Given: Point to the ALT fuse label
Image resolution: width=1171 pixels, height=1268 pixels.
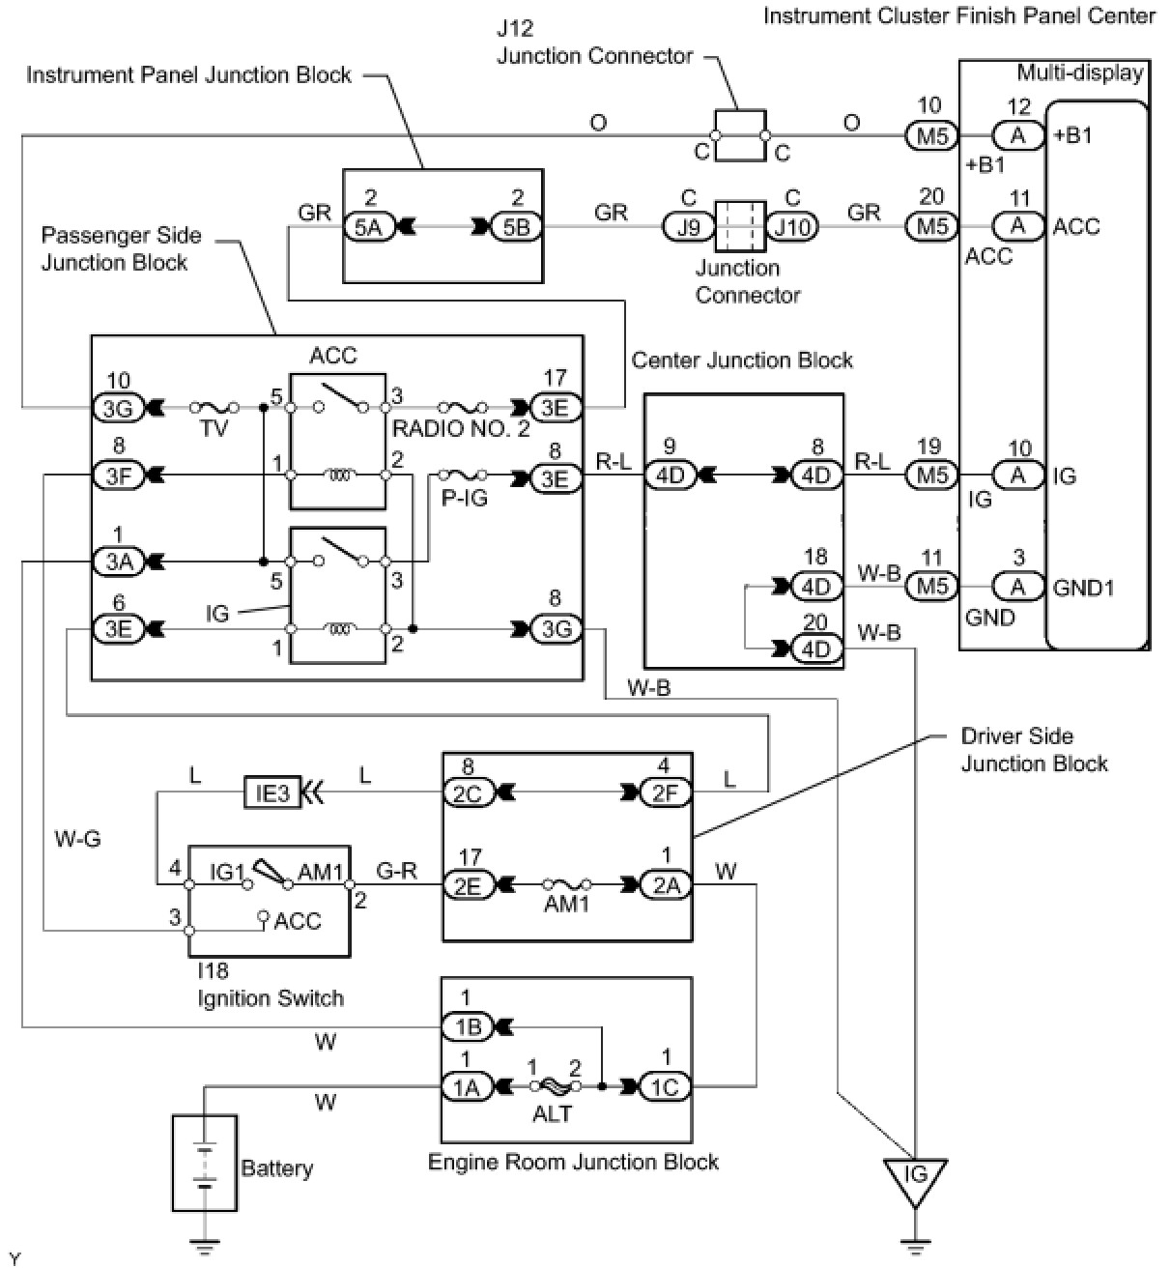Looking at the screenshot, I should coord(552,1113).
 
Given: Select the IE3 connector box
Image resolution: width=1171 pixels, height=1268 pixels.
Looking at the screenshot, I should coord(272,792).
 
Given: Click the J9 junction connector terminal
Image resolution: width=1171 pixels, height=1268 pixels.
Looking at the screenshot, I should coord(688,227).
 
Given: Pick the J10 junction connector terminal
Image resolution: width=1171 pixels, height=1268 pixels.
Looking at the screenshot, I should coord(792,227).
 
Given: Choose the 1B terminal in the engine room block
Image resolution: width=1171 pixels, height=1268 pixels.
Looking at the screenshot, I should coord(466,1025).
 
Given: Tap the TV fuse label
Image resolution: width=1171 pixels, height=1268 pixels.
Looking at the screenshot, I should coord(214,427).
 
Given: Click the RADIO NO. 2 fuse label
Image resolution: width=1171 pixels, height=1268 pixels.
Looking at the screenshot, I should coord(460,428).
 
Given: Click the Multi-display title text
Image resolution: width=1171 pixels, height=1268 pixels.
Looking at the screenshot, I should coord(1079,72).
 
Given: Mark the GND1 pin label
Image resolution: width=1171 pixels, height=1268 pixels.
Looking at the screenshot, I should coord(1084,587).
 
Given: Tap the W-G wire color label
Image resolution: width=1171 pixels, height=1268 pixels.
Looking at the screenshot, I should coord(77,839).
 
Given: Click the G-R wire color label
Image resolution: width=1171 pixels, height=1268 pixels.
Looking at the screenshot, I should coord(396,871).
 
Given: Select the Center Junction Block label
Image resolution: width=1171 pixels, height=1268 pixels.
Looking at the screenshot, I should coord(742,360).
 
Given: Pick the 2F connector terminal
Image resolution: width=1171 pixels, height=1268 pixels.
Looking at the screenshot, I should coord(666,792).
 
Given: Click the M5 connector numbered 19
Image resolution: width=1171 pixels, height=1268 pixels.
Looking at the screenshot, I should coord(930,475).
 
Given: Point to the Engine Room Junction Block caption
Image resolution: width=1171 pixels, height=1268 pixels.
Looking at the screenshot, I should coord(573,1161).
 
